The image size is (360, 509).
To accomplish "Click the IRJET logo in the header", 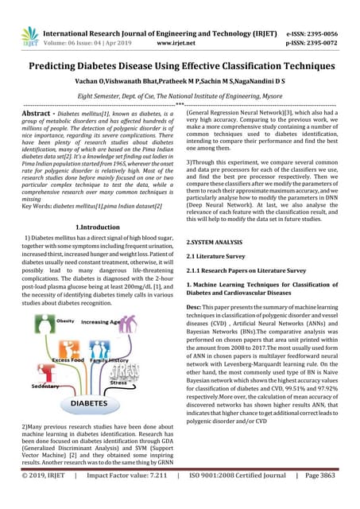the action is tap(29, 35).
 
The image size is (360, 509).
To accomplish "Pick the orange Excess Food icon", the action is tap(58, 354).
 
